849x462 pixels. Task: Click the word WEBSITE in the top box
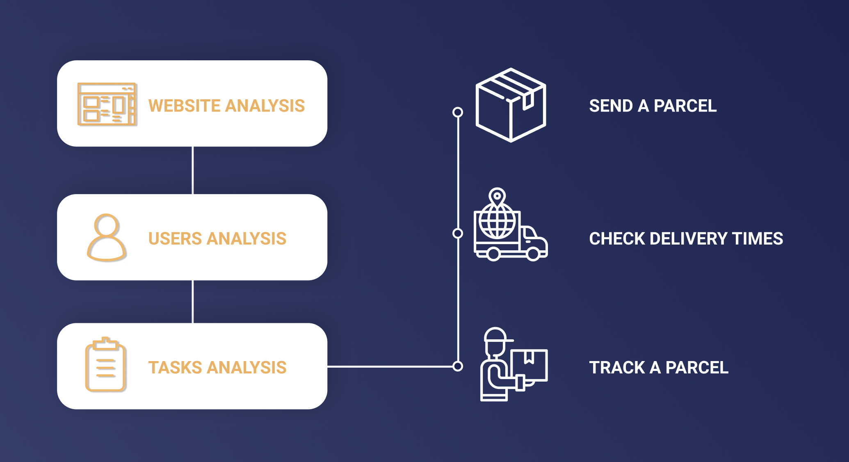(185, 106)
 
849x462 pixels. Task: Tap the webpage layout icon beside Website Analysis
(107, 104)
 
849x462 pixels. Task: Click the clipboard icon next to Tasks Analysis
(105, 365)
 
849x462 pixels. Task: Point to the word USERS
(176, 239)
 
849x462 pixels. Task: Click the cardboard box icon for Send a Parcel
(511, 105)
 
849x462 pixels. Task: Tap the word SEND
(611, 106)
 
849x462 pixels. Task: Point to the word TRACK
(616, 368)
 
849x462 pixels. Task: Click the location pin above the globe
(497, 197)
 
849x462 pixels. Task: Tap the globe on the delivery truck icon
(497, 222)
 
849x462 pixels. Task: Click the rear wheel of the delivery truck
(493, 254)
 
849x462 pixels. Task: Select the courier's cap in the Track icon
(497, 335)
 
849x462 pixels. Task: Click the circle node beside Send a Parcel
(458, 112)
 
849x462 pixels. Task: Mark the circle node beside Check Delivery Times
(458, 233)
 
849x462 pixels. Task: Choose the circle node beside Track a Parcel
(458, 366)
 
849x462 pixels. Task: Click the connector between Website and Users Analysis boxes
(192, 170)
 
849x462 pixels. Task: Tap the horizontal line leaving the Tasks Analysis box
(390, 366)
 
